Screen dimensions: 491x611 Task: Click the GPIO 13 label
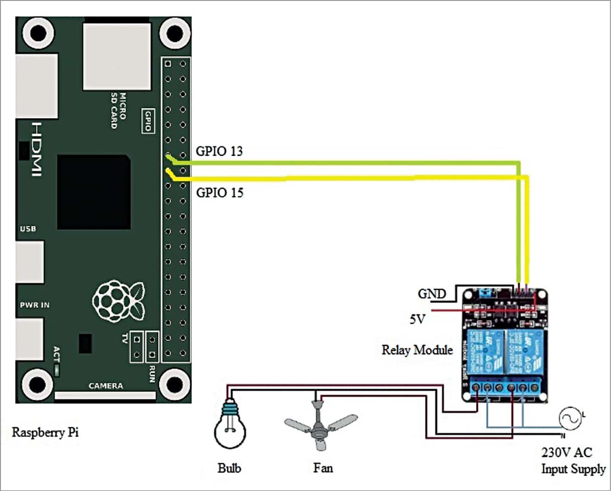tap(219, 151)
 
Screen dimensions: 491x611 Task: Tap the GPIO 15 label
tap(219, 192)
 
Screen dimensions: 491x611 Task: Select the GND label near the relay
tap(432, 294)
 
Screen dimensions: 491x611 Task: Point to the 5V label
tap(417, 319)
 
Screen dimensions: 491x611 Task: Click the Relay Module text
tap(417, 350)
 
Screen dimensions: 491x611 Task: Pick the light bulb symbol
tap(230, 425)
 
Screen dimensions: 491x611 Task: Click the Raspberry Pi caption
tap(45, 432)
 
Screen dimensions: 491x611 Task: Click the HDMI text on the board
tap(37, 149)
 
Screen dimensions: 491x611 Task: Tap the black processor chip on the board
tap(93, 192)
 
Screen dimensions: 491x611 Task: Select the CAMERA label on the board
tap(106, 386)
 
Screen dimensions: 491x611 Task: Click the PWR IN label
tap(34, 305)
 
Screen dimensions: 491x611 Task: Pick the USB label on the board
tap(28, 228)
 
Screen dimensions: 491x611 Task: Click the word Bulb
tap(229, 468)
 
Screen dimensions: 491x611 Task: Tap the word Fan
tap(323, 468)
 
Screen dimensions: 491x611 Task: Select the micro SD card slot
tap(117, 56)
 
